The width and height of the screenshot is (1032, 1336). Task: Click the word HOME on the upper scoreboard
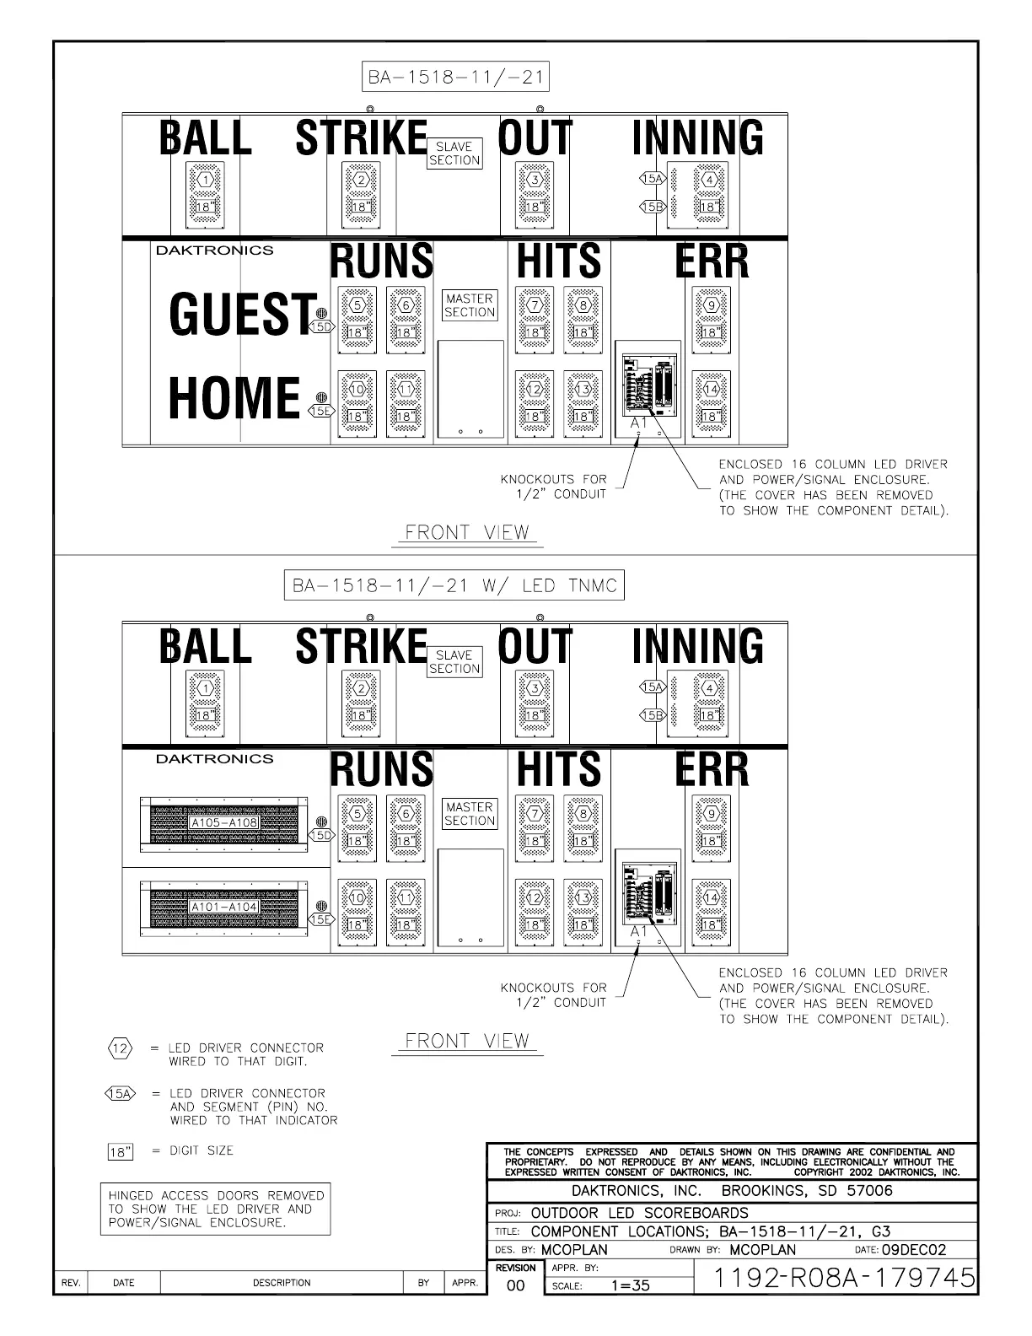[x=234, y=398]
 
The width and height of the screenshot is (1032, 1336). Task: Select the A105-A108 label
[x=223, y=822]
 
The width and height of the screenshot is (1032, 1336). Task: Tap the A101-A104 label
[x=223, y=908]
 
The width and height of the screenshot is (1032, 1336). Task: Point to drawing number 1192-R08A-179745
[x=843, y=1278]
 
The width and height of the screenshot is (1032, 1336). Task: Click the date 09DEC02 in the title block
[x=913, y=1250]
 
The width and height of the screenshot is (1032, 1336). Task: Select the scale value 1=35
[x=630, y=1286]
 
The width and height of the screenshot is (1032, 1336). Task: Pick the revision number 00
[x=515, y=1286]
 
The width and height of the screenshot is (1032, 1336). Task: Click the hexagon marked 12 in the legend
[x=121, y=1048]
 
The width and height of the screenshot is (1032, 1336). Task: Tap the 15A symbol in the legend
[x=121, y=1094]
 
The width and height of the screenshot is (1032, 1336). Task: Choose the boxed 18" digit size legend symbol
[x=121, y=1152]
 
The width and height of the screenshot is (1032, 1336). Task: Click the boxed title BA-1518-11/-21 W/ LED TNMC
[x=454, y=585]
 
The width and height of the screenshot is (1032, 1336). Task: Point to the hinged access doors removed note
[x=216, y=1209]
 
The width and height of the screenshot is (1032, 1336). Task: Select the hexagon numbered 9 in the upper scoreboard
[x=711, y=305]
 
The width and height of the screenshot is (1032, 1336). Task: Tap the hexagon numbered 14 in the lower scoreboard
[x=711, y=897]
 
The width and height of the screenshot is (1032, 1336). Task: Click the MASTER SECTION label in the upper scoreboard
[x=470, y=305]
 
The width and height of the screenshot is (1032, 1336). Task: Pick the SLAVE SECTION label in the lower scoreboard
[x=454, y=662]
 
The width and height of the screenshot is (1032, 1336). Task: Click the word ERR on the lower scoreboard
[x=712, y=769]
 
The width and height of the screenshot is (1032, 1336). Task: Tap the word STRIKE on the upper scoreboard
[x=362, y=138]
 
